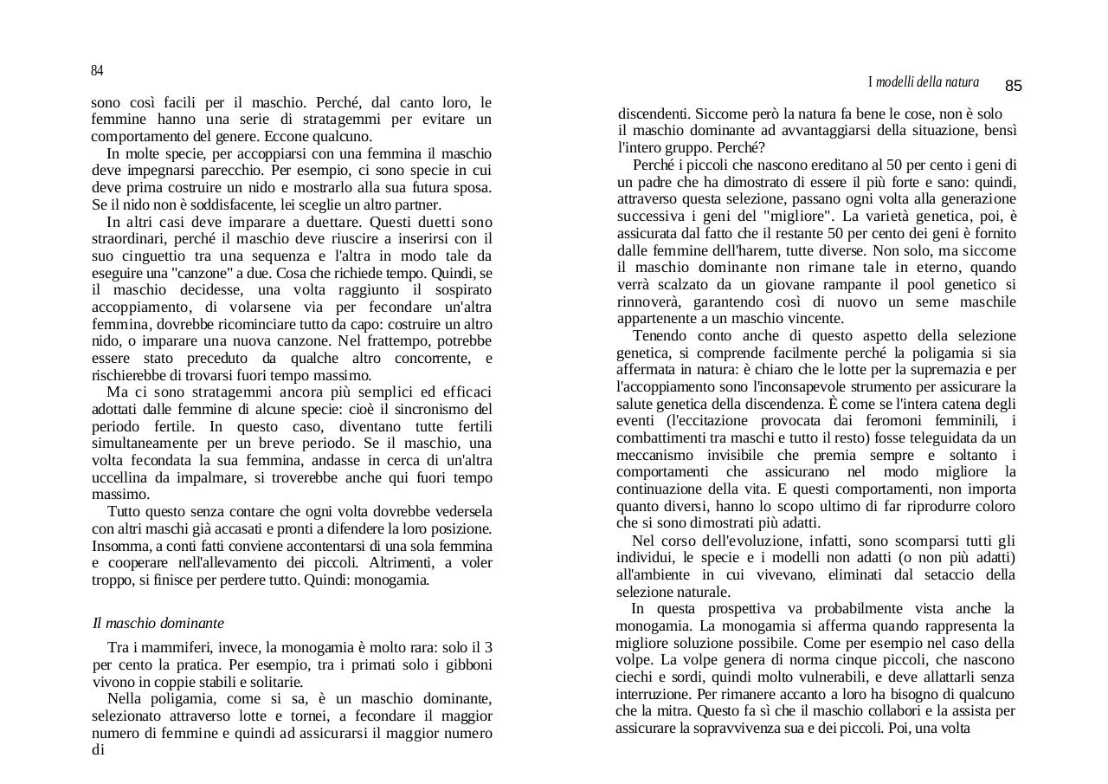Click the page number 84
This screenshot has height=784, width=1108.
pyautogui.click(x=97, y=70)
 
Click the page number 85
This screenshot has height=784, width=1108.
pyautogui.click(x=1014, y=86)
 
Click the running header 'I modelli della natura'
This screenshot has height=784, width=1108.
pyautogui.click(x=924, y=82)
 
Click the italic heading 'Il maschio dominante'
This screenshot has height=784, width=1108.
pyautogui.click(x=158, y=623)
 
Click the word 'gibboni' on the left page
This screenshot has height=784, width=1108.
pyautogui.click(x=468, y=665)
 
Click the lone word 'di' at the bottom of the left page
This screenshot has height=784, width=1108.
pyautogui.click(x=98, y=749)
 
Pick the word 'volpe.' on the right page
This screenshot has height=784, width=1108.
pyautogui.click(x=635, y=659)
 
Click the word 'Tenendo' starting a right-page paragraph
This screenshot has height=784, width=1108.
pyautogui.click(x=659, y=336)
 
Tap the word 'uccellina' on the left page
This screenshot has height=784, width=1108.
pyautogui.click(x=120, y=477)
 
